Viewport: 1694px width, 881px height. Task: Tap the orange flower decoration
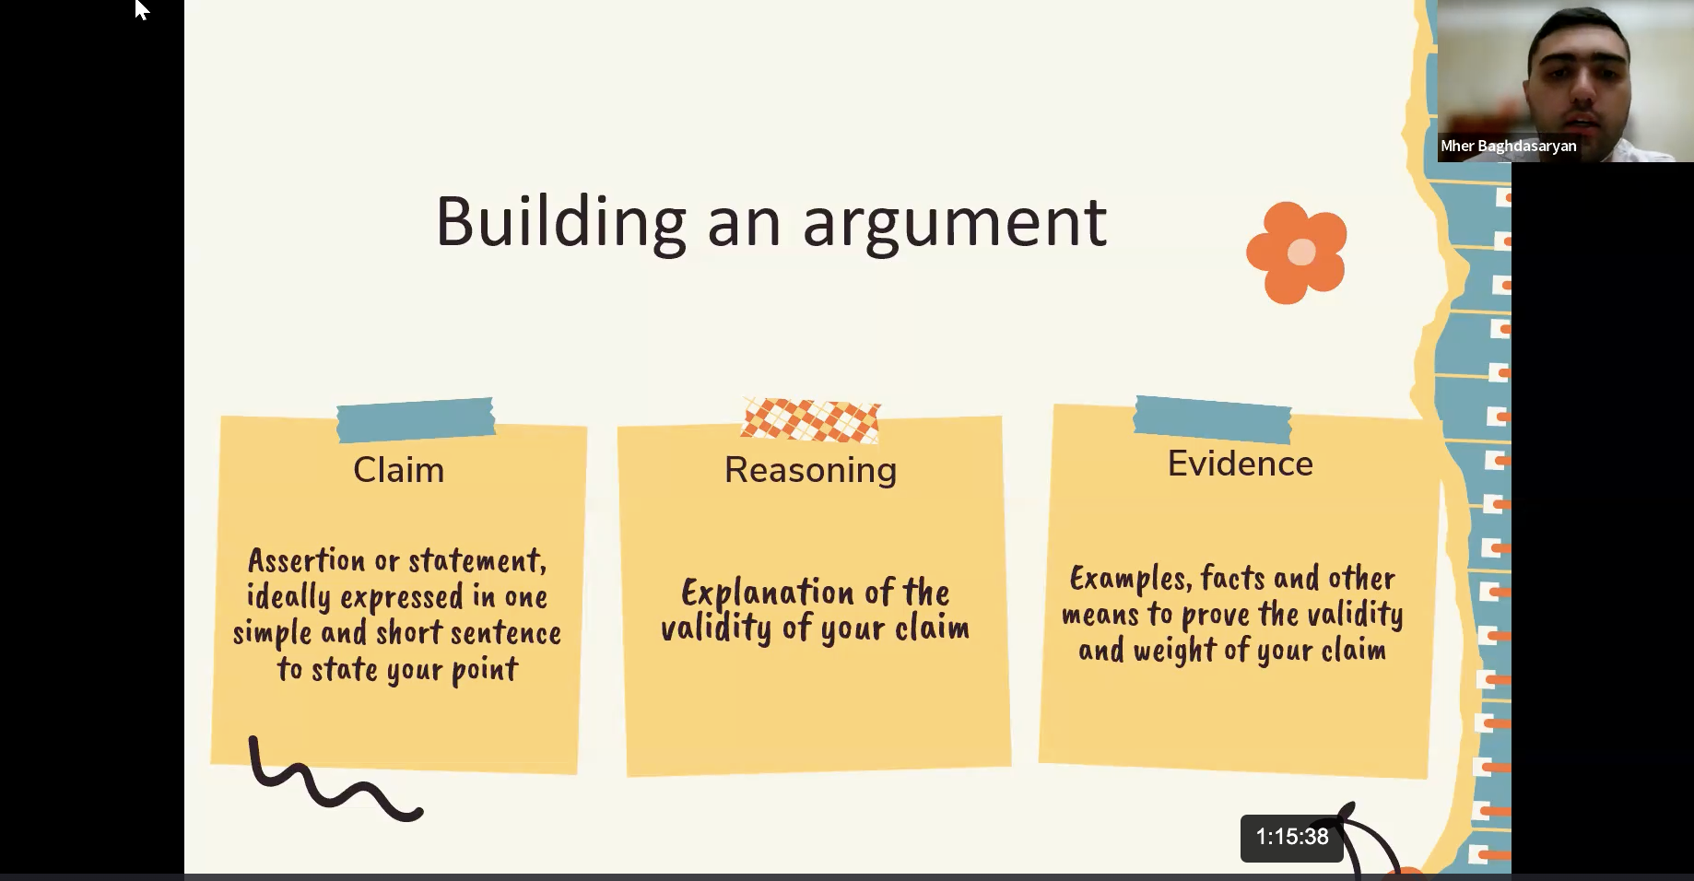pos(1297,253)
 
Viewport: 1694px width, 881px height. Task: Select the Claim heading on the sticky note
pos(398,470)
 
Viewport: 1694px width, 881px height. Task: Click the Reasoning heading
pos(810,471)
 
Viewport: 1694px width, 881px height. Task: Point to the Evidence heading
pos(1240,464)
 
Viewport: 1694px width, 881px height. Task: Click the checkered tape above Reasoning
pos(811,421)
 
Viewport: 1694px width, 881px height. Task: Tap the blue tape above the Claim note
pos(416,420)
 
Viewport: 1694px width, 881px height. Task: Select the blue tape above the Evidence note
pos(1213,419)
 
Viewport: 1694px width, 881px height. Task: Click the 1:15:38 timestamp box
pos(1291,838)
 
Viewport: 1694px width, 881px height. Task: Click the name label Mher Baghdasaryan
pos(1509,146)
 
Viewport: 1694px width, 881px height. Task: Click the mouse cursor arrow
pos(141,9)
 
